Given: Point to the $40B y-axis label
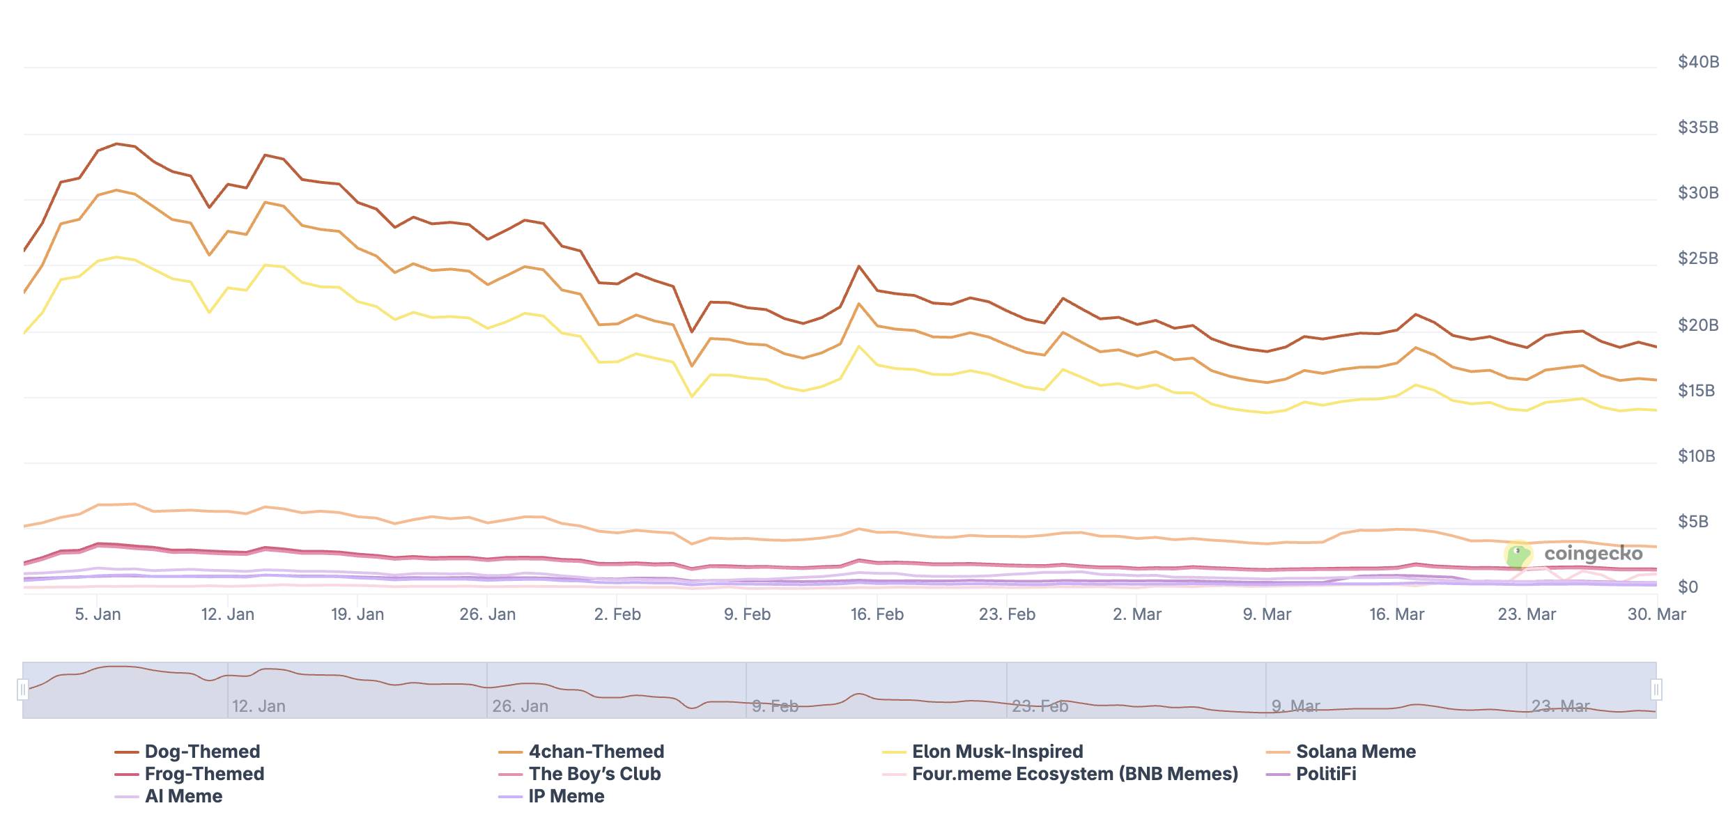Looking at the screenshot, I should point(1697,62).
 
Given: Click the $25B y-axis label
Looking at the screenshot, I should point(1697,258).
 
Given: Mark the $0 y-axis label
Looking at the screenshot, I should point(1688,587).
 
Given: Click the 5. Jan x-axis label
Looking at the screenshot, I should point(98,614).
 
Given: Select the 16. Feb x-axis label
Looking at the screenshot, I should point(877,614).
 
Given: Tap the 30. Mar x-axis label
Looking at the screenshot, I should point(1656,614).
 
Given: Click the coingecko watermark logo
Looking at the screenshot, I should point(1575,554).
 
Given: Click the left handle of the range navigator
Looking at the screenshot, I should point(23,690).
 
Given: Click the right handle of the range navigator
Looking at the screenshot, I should point(1656,690).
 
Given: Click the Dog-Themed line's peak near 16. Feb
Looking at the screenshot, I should point(859,266).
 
